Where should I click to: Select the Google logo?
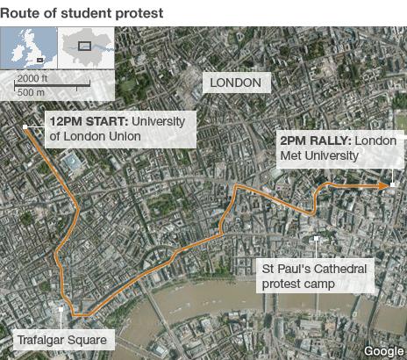click(383, 350)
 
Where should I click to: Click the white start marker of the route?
click(26, 128)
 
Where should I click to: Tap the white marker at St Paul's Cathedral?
click(314, 238)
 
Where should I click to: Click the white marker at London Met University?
click(394, 185)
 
